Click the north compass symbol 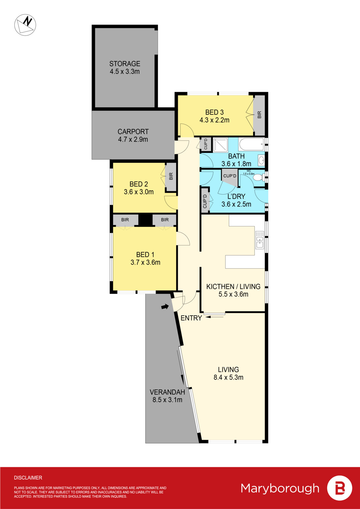point(25,25)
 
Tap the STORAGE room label point(125,64)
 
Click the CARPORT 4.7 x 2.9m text point(133,135)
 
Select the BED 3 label point(215,113)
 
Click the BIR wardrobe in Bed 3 point(259,115)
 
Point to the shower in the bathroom point(220,145)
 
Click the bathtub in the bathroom point(252,144)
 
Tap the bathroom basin point(261,160)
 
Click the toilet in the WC point(258,178)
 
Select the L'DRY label point(236,197)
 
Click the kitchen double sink point(260,240)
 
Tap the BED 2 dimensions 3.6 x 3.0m point(139,192)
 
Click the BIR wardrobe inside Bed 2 point(171,177)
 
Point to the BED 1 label point(145,255)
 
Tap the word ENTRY point(191,318)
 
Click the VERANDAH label point(167,392)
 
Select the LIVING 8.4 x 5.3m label point(228,374)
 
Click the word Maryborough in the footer point(280,488)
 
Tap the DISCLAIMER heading point(28,478)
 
